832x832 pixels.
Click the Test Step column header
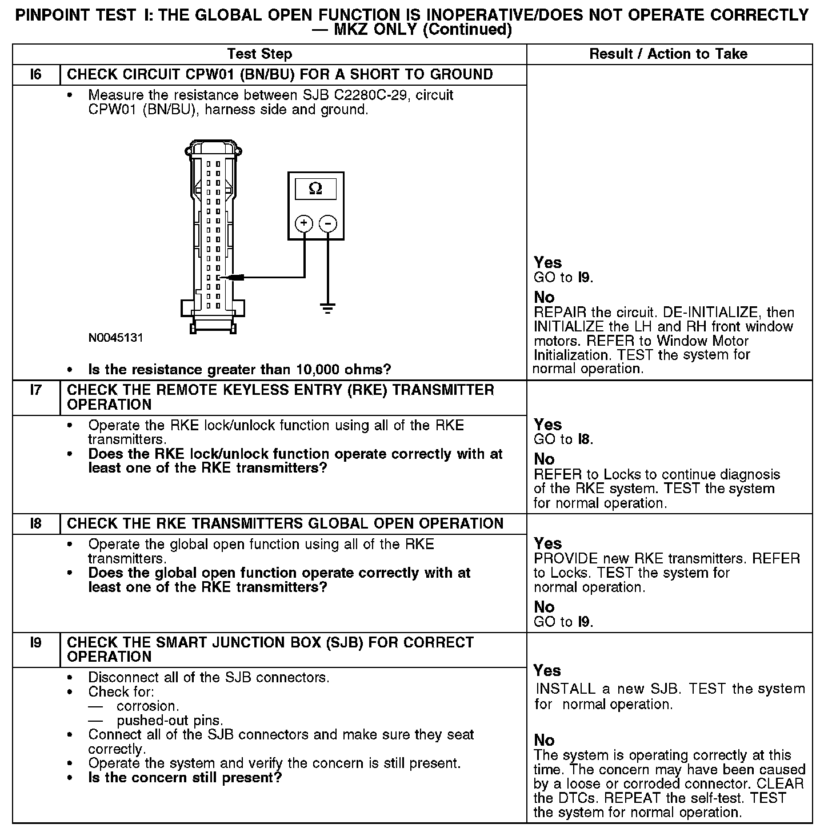point(259,54)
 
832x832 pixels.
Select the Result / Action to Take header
point(668,54)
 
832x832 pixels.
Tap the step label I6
point(36,75)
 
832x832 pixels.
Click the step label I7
point(36,391)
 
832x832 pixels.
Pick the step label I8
point(36,524)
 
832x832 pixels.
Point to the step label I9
point(36,643)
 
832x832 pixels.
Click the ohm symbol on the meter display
point(315,189)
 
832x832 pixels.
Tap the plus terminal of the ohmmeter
point(303,223)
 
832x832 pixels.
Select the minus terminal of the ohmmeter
point(327,223)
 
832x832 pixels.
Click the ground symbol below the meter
point(327,309)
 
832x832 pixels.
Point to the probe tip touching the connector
point(224,278)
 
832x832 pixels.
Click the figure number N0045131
point(115,338)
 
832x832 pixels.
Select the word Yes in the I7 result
point(547,425)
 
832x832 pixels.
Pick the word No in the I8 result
point(544,607)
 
